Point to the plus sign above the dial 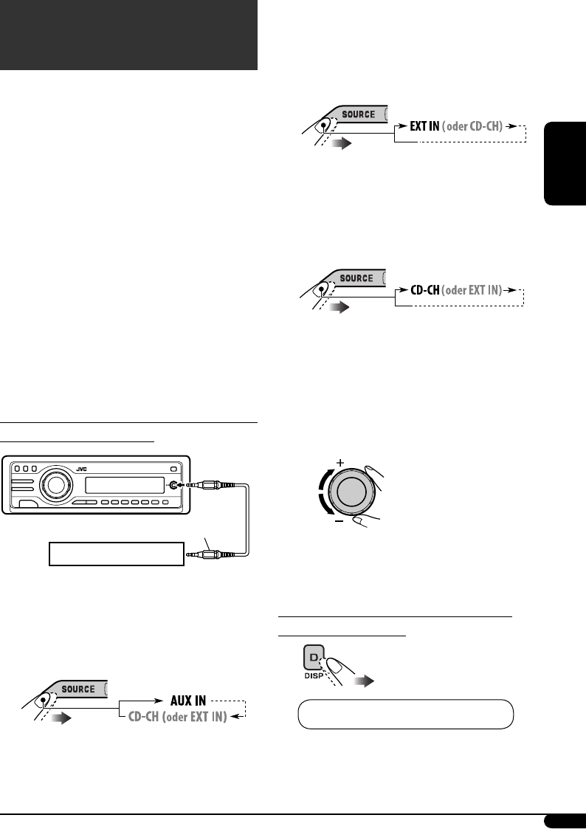pos(340,462)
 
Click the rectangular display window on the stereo pos(123,485)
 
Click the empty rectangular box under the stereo pos(116,553)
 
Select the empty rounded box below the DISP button pos(405,714)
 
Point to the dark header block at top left pos(128,35)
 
